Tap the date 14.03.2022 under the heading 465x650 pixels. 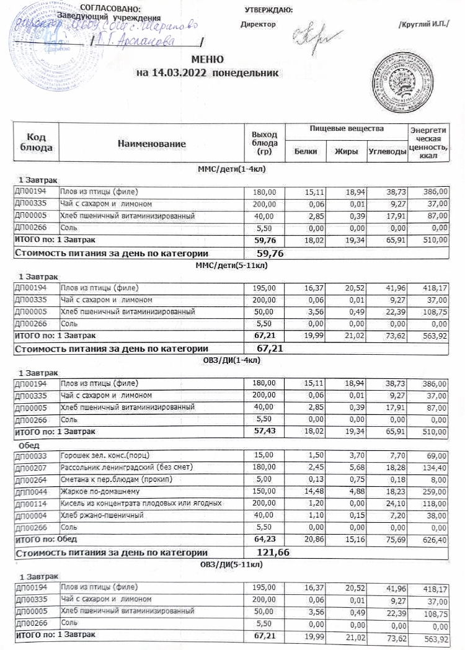[182, 73]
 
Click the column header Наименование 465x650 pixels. [152, 144]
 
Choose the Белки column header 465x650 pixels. [306, 151]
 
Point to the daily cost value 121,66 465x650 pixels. [273, 551]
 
